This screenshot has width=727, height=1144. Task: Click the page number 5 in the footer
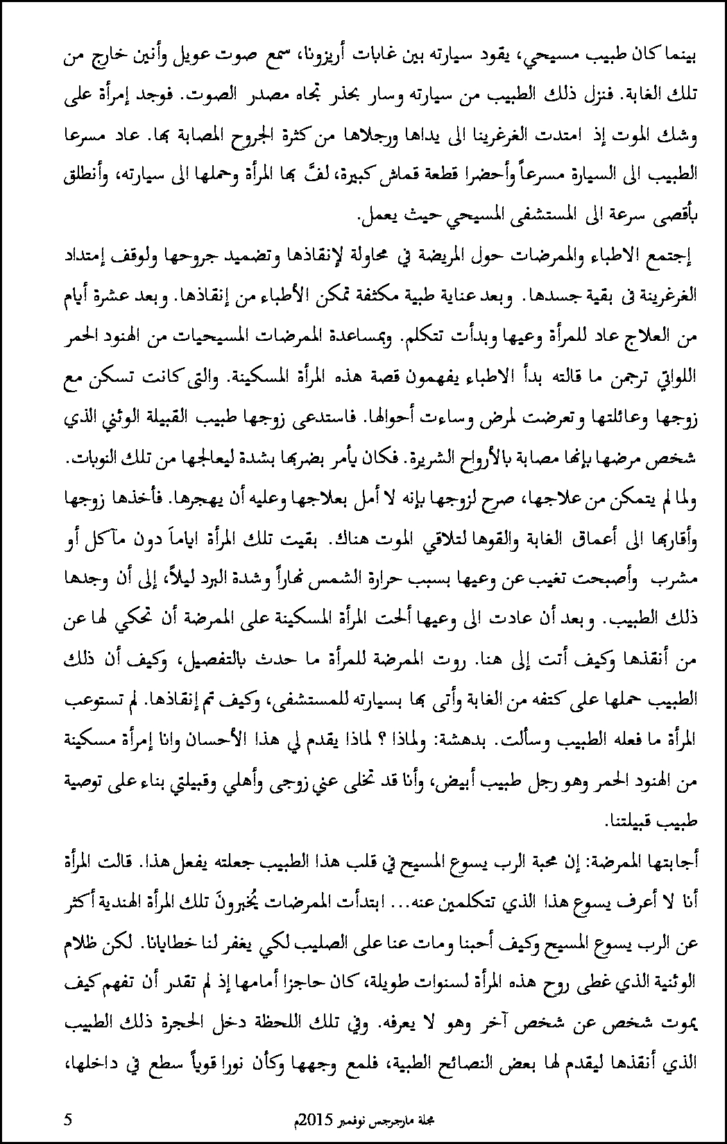tap(67, 1118)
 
